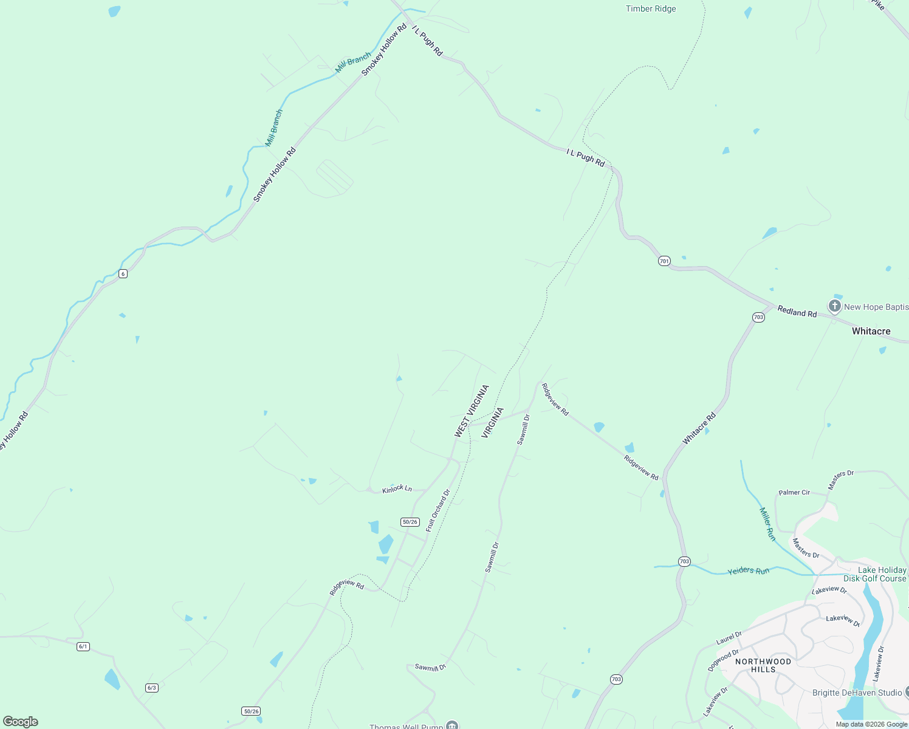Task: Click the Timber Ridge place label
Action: pyautogui.click(x=651, y=9)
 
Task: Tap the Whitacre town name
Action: pyautogui.click(x=871, y=331)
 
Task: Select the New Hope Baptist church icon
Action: pyautogui.click(x=835, y=306)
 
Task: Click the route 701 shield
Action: pyautogui.click(x=664, y=261)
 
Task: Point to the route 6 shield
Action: pyautogui.click(x=123, y=274)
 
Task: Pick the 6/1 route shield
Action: pyautogui.click(x=83, y=646)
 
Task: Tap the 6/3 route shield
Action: pyautogui.click(x=152, y=688)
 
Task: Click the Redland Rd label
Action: pyautogui.click(x=797, y=312)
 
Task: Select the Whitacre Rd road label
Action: pyautogui.click(x=699, y=429)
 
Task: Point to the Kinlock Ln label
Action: pyautogui.click(x=397, y=489)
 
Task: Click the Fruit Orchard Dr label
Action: pyautogui.click(x=437, y=511)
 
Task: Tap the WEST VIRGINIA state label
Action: pyautogui.click(x=472, y=411)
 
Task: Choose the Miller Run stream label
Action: pyautogui.click(x=767, y=524)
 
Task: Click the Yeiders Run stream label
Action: pyautogui.click(x=749, y=571)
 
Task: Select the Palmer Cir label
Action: pyautogui.click(x=794, y=493)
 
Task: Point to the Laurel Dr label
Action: pyautogui.click(x=729, y=638)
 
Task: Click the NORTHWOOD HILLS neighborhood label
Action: pyautogui.click(x=763, y=665)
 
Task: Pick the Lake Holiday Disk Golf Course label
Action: pyautogui.click(x=875, y=574)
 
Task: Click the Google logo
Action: pyautogui.click(x=21, y=722)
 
